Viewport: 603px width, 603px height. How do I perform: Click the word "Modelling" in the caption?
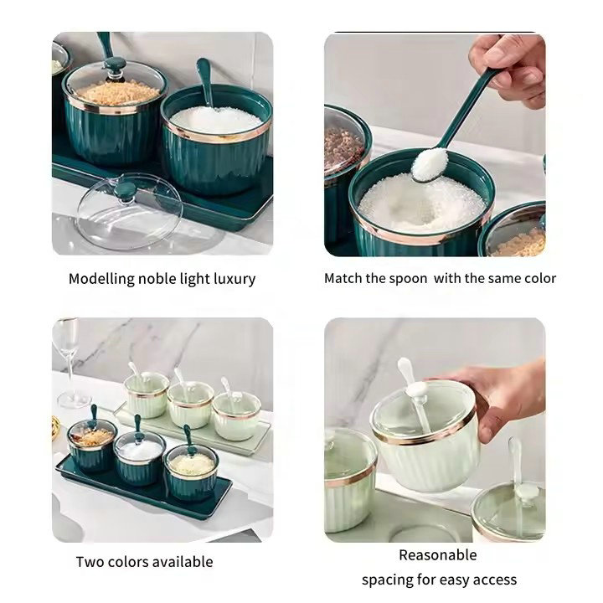101,279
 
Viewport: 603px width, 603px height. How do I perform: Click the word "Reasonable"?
438,555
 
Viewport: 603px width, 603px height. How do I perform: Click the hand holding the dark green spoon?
509,66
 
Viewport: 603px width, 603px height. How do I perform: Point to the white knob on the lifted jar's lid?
416,389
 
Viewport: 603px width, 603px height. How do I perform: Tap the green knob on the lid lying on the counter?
126,191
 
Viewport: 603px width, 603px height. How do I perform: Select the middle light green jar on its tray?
191,405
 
